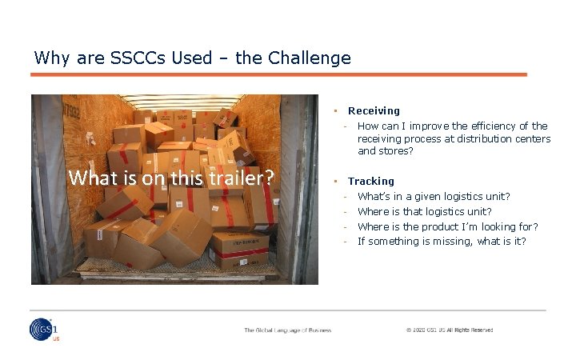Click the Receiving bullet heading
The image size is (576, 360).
click(374, 111)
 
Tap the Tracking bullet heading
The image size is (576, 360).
click(370, 182)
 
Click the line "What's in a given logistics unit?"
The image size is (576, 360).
click(434, 197)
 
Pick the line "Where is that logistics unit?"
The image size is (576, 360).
click(424, 212)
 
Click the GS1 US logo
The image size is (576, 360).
click(45, 329)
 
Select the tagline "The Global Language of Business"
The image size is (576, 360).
click(288, 330)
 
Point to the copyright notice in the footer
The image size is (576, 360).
click(449, 330)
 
